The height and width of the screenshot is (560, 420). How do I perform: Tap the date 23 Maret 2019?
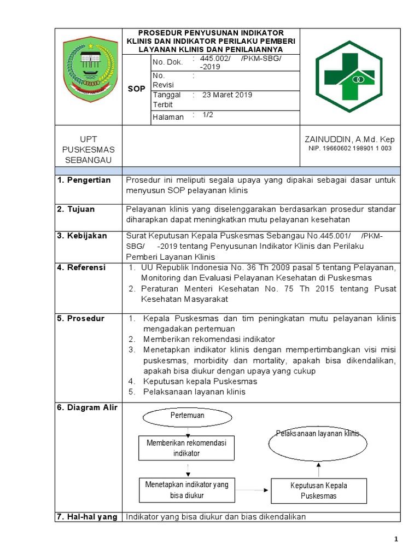click(227, 95)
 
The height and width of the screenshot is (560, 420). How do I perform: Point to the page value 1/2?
click(208, 115)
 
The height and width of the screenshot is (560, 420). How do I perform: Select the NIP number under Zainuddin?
click(349, 148)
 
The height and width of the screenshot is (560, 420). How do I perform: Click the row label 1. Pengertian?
click(84, 180)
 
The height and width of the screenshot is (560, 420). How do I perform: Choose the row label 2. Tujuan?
click(76, 209)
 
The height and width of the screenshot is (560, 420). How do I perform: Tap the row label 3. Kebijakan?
click(83, 236)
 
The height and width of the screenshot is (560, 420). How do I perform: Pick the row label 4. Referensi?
click(82, 267)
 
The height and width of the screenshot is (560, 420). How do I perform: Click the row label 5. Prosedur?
click(80, 318)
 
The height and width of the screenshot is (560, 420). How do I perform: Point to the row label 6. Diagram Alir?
click(87, 407)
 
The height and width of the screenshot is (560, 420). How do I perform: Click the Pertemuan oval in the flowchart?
click(188, 416)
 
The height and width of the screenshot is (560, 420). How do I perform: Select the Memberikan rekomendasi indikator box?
click(186, 448)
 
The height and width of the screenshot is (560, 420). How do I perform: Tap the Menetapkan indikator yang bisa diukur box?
click(186, 489)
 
